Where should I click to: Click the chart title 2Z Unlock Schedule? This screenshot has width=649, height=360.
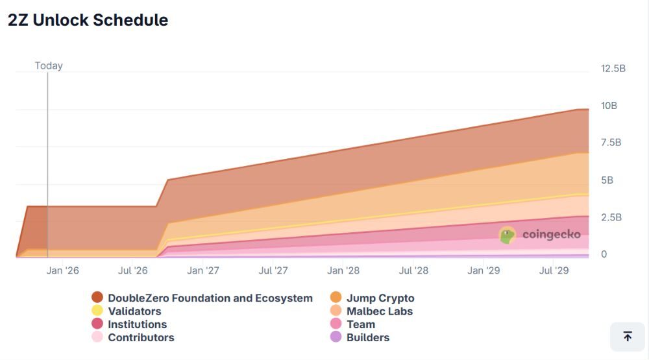click(88, 20)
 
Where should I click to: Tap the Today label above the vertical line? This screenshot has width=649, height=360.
click(49, 66)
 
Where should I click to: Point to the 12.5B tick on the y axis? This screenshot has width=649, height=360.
click(613, 68)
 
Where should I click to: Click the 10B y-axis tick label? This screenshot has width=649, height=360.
click(609, 106)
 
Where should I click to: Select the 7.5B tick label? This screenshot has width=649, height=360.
click(611, 143)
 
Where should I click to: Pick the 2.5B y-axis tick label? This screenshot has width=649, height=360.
click(611, 217)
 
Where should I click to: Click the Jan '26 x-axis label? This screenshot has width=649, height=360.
click(63, 270)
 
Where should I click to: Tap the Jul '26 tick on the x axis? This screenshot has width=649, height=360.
click(133, 270)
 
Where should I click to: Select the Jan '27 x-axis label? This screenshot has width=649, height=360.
click(203, 270)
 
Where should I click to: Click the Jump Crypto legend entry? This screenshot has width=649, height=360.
click(380, 298)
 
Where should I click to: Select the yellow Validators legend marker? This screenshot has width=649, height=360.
click(97, 311)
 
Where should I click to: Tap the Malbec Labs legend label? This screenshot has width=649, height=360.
click(380, 311)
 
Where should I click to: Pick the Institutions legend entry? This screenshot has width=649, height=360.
click(137, 324)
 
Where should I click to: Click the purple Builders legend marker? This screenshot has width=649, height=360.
click(336, 337)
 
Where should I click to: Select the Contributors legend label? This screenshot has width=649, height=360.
click(141, 337)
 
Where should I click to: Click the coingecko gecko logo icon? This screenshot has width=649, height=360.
click(508, 235)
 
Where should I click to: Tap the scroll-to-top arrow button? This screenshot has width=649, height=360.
click(627, 336)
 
